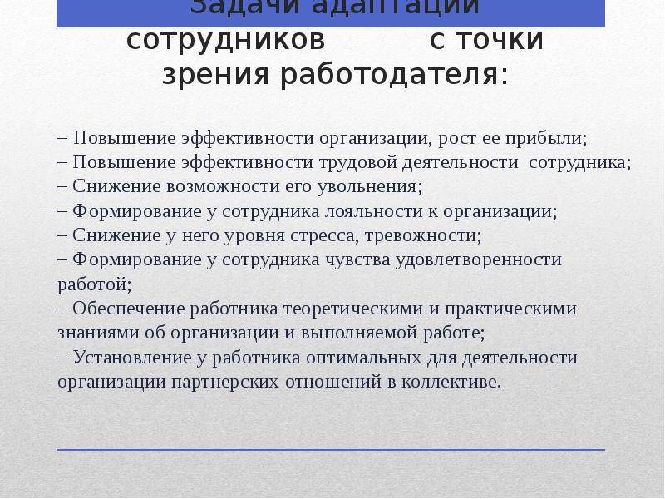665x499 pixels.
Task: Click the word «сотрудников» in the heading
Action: [225, 42]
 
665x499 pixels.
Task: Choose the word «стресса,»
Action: [324, 235]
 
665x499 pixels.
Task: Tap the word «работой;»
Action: [95, 284]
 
